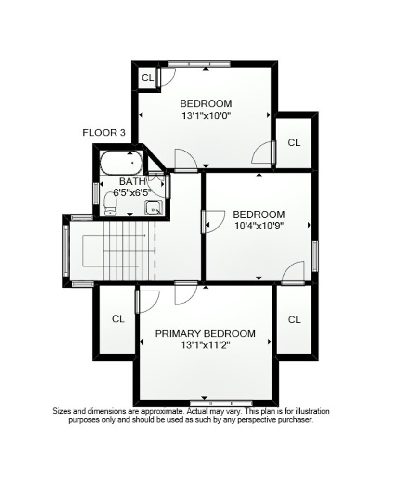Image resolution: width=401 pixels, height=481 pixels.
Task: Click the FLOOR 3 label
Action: [x=104, y=133]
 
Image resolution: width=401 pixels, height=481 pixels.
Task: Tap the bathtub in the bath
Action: [x=121, y=163]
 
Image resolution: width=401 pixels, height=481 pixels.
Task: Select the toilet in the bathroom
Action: [x=110, y=203]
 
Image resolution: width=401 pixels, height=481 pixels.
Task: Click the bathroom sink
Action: [x=153, y=208]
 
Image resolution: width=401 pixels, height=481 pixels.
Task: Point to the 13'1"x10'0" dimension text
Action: [x=206, y=116]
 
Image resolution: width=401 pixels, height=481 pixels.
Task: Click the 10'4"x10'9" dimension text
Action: [x=259, y=226]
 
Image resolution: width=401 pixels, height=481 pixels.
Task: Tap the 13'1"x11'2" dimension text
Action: [x=206, y=345]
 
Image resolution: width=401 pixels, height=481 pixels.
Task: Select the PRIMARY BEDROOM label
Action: [x=205, y=334]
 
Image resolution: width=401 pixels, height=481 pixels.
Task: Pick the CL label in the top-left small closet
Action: [x=148, y=78]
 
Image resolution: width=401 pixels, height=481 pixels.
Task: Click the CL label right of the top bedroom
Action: [x=294, y=143]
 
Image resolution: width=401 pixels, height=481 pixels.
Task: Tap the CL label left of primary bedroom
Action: [x=118, y=319]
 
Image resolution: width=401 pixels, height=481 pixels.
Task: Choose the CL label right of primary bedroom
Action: [x=294, y=320]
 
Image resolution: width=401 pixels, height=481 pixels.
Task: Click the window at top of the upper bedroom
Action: [x=199, y=64]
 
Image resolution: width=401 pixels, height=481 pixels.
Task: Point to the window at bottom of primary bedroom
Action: [x=221, y=403]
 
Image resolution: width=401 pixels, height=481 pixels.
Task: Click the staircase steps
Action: [x=129, y=251]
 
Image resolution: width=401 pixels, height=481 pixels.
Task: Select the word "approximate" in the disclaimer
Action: [x=161, y=411]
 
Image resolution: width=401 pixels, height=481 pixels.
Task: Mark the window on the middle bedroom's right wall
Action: [x=315, y=256]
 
